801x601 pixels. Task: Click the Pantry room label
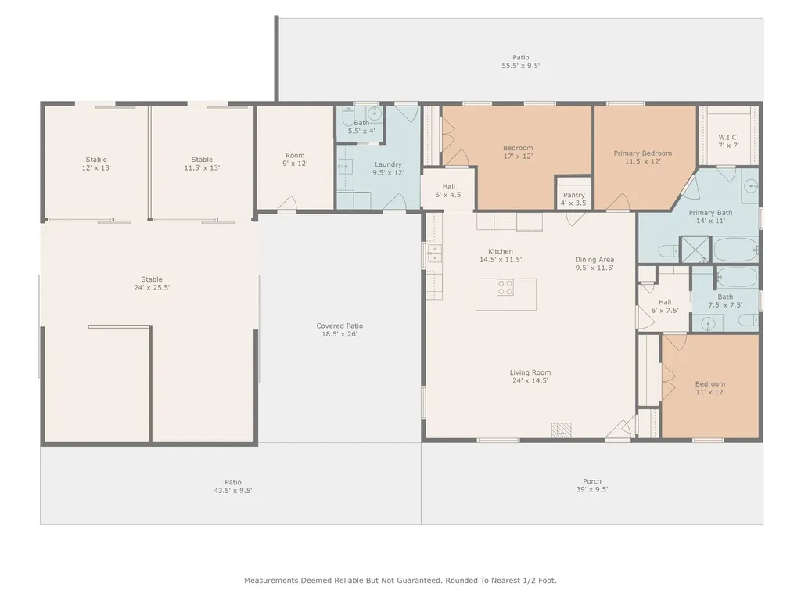(573, 199)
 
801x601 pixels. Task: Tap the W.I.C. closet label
(728, 141)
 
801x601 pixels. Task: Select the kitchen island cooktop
(505, 287)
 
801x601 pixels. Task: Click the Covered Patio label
(339, 329)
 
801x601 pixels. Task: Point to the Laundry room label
(388, 168)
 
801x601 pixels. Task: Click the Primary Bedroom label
(643, 157)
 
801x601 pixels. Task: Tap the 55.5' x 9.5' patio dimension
(520, 66)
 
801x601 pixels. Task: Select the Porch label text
(592, 481)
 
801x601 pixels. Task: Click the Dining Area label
(594, 263)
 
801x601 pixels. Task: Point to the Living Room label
(530, 376)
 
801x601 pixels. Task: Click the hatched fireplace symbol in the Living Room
(561, 430)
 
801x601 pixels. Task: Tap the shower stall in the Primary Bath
(695, 250)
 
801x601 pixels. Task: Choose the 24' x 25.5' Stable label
(152, 283)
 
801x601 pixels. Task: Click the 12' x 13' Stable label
(96, 164)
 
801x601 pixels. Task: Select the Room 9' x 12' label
(295, 160)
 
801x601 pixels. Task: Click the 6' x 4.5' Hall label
(449, 191)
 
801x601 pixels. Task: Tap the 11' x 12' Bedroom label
(710, 388)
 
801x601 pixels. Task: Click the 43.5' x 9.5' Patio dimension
(233, 490)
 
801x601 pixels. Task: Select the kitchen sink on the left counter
(435, 253)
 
